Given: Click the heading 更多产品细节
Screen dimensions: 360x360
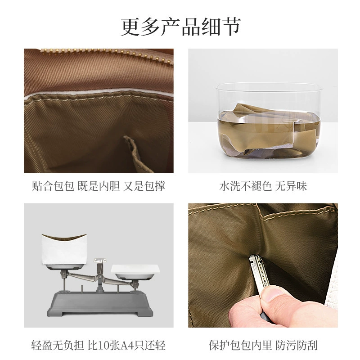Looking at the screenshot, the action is (181, 27).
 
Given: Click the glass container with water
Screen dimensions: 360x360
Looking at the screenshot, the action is (269, 121).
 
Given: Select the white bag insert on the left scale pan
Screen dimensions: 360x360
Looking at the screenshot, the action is (64, 250).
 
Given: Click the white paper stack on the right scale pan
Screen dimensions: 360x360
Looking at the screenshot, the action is (135, 269).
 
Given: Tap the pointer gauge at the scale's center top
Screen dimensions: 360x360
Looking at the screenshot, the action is (100, 261).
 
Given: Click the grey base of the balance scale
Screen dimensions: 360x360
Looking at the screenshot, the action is (100, 303).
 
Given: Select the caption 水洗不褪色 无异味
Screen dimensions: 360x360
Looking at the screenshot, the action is (263, 186).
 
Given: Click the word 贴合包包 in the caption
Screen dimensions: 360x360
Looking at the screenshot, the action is (53, 186).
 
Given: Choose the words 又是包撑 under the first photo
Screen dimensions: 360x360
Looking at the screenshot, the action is (144, 186).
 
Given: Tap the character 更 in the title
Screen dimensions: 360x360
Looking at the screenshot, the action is (130, 27).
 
